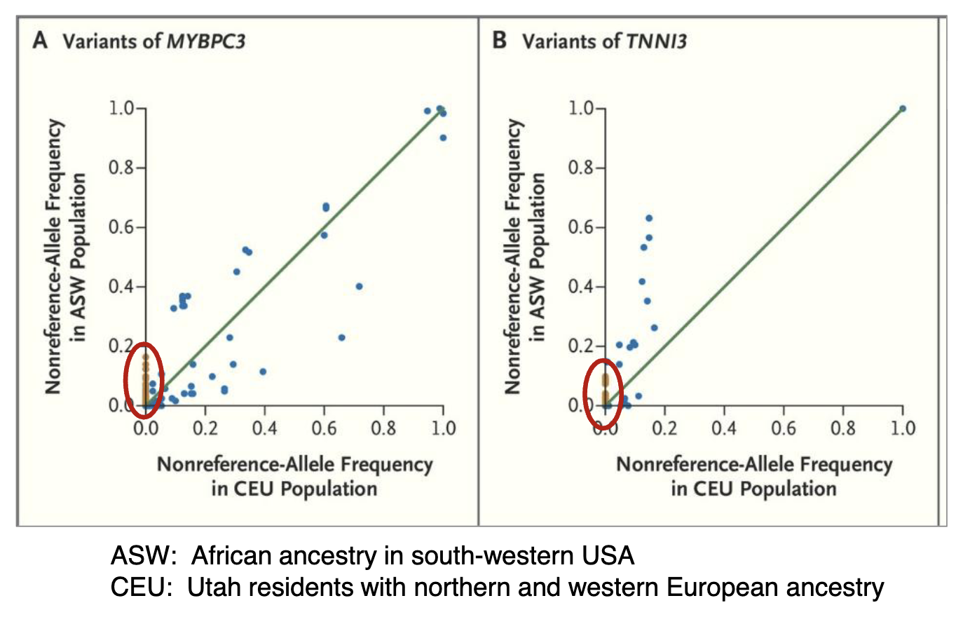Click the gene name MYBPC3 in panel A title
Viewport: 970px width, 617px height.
click(x=205, y=41)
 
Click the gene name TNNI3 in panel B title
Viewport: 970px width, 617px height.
click(x=656, y=41)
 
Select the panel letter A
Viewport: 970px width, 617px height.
click(x=40, y=41)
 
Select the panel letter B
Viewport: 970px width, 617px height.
click(x=499, y=41)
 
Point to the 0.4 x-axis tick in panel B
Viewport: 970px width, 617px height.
click(x=723, y=428)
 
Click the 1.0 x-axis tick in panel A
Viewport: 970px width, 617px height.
click(x=442, y=428)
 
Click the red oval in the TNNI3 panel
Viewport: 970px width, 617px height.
click(x=603, y=392)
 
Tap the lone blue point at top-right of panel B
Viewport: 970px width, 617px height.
click(x=902, y=109)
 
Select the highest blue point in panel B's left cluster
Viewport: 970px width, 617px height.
click(x=649, y=218)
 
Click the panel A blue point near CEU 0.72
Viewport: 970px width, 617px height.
click(x=359, y=286)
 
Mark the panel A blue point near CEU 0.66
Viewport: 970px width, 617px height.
click(x=341, y=337)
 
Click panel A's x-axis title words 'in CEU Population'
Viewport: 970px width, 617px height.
click(x=294, y=489)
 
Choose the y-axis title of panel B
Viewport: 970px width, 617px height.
click(x=525, y=256)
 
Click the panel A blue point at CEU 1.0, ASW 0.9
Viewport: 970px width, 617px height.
click(x=443, y=137)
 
